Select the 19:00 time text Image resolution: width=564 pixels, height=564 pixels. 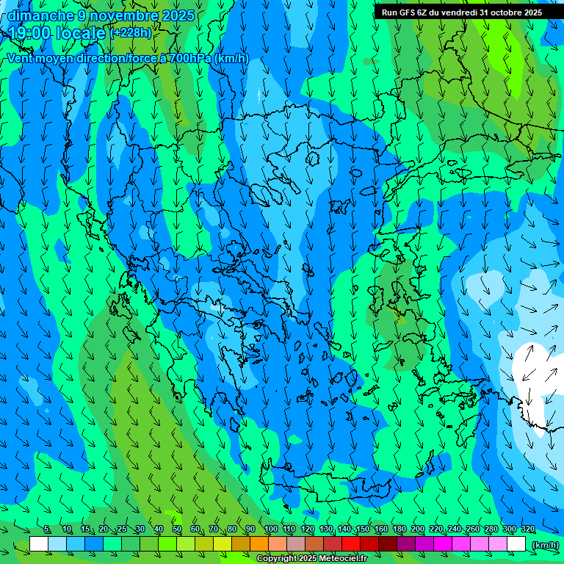tap(30, 33)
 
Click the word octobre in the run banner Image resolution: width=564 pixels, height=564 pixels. tap(505, 12)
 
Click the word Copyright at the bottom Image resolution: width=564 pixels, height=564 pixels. tap(277, 559)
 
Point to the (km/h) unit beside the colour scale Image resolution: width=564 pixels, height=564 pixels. tap(544, 545)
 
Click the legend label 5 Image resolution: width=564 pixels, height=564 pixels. tap(48, 529)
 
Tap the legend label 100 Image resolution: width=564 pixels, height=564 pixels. tap(270, 529)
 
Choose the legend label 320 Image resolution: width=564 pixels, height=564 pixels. tap(527, 529)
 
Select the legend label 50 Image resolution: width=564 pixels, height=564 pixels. tap(177, 529)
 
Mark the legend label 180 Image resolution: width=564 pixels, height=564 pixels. tap(399, 529)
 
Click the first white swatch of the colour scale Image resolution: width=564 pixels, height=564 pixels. tap(39, 544)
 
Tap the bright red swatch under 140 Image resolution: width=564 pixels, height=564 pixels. tap(351, 544)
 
